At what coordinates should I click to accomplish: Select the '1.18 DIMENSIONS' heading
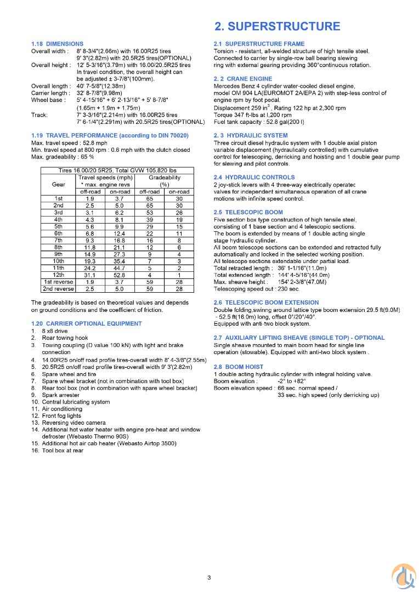click(57, 44)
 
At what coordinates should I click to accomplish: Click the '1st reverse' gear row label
click(58, 282)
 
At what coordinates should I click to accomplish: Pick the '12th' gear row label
click(58, 275)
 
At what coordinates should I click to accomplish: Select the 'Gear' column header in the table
click(58, 184)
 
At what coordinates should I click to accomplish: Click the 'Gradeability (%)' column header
click(164, 181)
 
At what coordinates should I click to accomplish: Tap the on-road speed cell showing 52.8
click(120, 275)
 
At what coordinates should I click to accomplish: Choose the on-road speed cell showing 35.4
click(120, 261)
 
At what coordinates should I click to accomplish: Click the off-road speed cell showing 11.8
click(90, 247)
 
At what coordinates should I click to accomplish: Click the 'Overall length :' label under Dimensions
click(51, 86)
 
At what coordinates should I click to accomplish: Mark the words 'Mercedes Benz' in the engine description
click(233, 86)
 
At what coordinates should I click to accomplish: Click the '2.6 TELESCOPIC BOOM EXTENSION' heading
click(266, 303)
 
